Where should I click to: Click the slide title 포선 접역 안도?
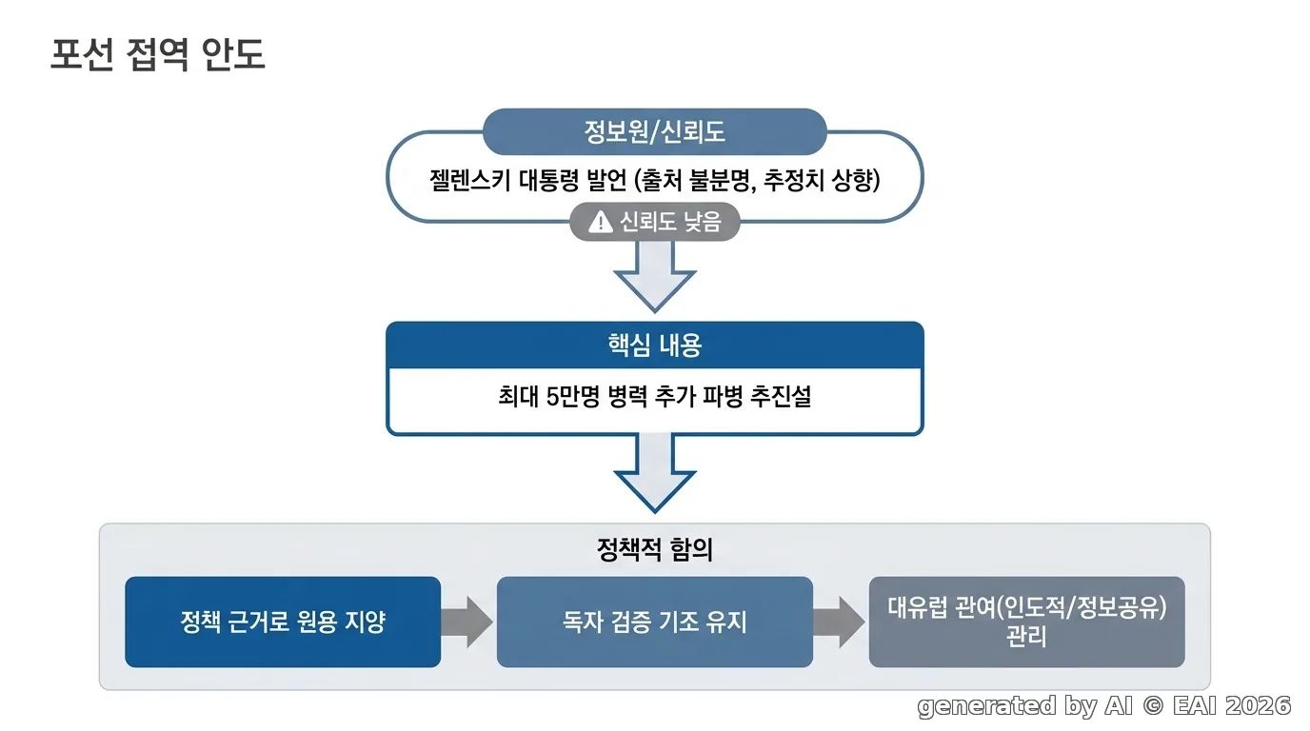coord(158,55)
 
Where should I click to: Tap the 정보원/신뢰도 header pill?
coord(654,131)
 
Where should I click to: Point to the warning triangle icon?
coord(600,222)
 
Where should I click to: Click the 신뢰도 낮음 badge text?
coord(670,222)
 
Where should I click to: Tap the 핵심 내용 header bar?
coord(654,345)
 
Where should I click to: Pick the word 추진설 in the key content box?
coord(781,397)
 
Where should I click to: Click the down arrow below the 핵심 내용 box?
coord(654,474)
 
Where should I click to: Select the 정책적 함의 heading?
coord(654,549)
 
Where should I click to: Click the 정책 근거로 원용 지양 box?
coord(283,622)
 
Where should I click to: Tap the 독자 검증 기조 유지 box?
coord(654,622)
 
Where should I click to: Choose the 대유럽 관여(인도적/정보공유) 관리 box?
coord(1026,622)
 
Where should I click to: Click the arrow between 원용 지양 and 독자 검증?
coord(467,622)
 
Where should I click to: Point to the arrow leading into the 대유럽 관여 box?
coord(840,622)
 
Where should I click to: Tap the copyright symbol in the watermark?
coord(1153,706)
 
